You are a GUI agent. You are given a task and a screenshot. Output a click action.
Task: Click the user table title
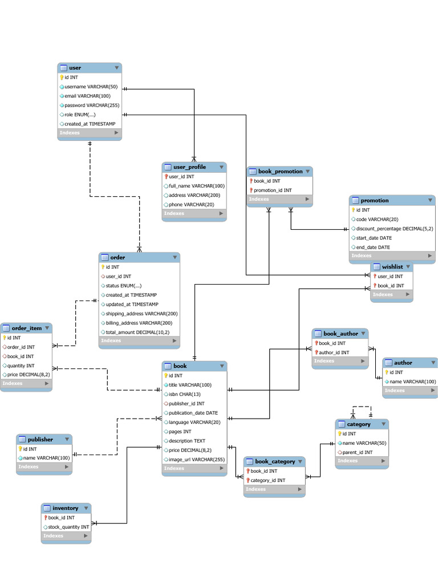75,68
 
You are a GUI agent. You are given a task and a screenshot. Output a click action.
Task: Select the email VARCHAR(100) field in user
87,96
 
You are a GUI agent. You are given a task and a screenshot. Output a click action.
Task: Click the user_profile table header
189,167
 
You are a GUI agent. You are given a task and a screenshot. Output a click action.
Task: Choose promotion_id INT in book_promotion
272,190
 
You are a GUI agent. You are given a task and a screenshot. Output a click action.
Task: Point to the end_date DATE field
373,248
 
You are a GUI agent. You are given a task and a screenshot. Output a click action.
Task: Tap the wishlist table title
392,267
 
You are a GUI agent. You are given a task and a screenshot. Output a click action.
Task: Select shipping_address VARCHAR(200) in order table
141,314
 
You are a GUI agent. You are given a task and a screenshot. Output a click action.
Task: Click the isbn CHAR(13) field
184,395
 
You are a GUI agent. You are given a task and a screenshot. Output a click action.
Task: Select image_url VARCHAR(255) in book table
196,459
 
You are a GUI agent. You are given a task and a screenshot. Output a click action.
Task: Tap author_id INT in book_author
334,352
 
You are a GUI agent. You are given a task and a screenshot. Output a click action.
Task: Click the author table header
403,363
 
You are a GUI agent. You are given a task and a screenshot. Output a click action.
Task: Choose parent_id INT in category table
357,452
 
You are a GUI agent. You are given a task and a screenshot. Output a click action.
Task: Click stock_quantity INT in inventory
68,527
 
